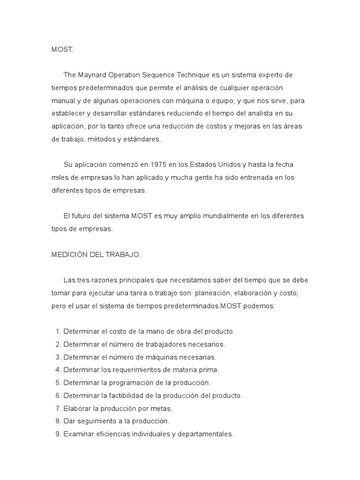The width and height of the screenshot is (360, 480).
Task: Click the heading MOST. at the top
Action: coord(63,49)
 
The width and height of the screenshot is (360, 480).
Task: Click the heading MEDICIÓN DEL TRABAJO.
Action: coord(96,255)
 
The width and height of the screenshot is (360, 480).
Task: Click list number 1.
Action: coord(58,331)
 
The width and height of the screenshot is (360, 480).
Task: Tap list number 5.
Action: coord(58,382)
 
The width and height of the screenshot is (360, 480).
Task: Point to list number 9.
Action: coord(58,434)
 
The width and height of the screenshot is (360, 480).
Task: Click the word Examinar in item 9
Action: coord(78,434)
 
